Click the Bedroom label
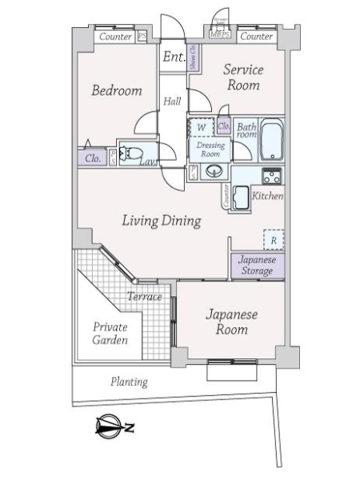116,90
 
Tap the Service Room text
242,77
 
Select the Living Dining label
161,221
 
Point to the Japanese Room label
231,321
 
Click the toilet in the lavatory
133,153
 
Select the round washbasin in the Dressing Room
213,170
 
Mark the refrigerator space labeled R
274,239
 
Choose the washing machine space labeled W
202,128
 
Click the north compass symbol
112,428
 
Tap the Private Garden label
110,333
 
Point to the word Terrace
145,297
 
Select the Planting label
129,382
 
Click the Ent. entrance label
174,57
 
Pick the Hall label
172,101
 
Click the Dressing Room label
210,150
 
